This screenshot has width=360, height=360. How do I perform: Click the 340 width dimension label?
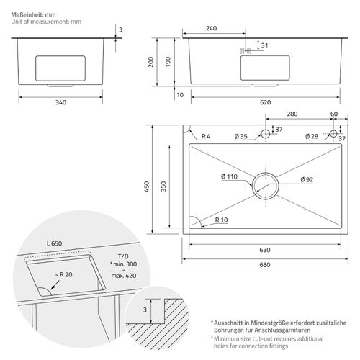[x=60, y=102]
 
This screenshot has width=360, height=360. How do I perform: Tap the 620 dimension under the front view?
[x=265, y=102]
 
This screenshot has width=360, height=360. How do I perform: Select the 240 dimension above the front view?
[x=211, y=28]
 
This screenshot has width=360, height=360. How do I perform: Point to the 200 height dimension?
[x=150, y=62]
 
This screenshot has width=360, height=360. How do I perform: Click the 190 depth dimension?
[x=168, y=62]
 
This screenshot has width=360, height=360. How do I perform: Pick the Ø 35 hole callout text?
[x=241, y=136]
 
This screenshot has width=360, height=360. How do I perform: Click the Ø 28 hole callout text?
[x=312, y=136]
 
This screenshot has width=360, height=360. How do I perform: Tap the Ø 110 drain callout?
[x=229, y=176]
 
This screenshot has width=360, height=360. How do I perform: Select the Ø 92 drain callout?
[x=307, y=179]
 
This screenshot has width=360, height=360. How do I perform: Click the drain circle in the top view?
[x=266, y=173]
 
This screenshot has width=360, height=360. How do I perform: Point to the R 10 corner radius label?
[x=221, y=220]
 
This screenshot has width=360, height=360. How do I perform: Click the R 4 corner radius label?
[x=206, y=136]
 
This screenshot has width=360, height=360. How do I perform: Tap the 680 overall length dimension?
[x=265, y=265]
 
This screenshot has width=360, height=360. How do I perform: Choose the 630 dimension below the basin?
[x=265, y=250]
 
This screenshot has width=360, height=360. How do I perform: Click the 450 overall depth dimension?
[x=147, y=186]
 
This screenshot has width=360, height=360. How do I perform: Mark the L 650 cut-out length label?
[x=54, y=243]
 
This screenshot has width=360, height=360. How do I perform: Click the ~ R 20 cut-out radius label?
[x=63, y=274]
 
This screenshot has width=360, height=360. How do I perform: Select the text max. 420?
[x=124, y=276]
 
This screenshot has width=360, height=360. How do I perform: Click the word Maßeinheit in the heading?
[x=27, y=14]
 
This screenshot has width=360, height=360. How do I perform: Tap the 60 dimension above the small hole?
[x=334, y=114]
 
